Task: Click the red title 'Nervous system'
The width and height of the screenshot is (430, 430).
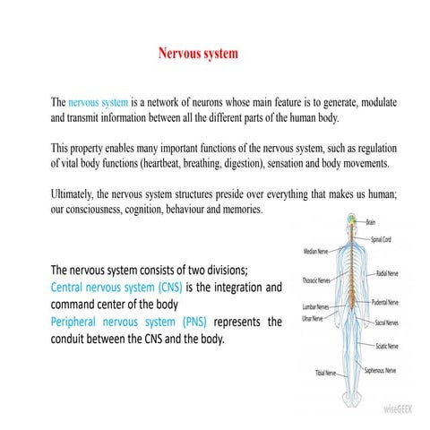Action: pos(198,54)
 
